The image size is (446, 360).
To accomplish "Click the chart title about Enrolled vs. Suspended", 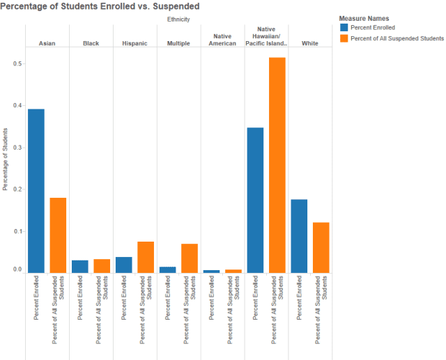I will tap(100, 6).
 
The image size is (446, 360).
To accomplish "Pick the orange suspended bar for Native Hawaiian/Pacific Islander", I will tap(277, 164).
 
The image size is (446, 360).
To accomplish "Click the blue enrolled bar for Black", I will tap(80, 266).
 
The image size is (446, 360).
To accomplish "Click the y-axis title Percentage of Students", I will tap(6, 159).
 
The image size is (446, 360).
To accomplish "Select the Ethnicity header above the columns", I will tap(178, 19).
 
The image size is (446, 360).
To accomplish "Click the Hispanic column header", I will tap(134, 43).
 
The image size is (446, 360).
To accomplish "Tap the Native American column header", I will tap(222, 39).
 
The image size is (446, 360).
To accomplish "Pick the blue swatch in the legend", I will tap(344, 28).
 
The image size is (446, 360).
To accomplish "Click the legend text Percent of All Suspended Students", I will tap(397, 38).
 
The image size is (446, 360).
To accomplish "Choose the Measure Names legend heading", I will tap(364, 17).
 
